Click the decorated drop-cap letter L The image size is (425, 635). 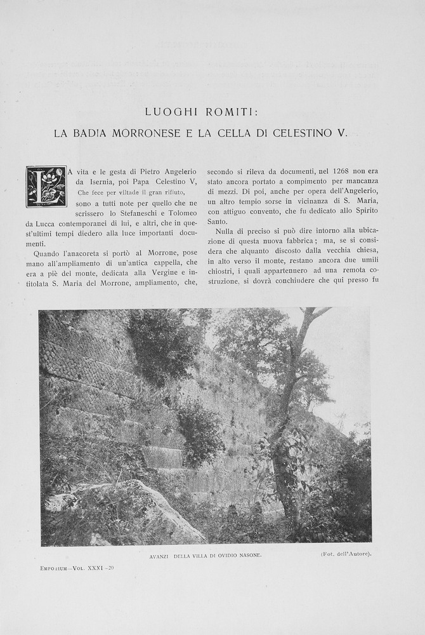tap(46, 186)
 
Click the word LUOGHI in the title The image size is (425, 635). tap(171, 112)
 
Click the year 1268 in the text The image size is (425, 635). tap(341, 171)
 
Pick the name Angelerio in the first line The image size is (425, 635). tap(177, 171)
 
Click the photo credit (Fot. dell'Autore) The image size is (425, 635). tap(346, 554)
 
